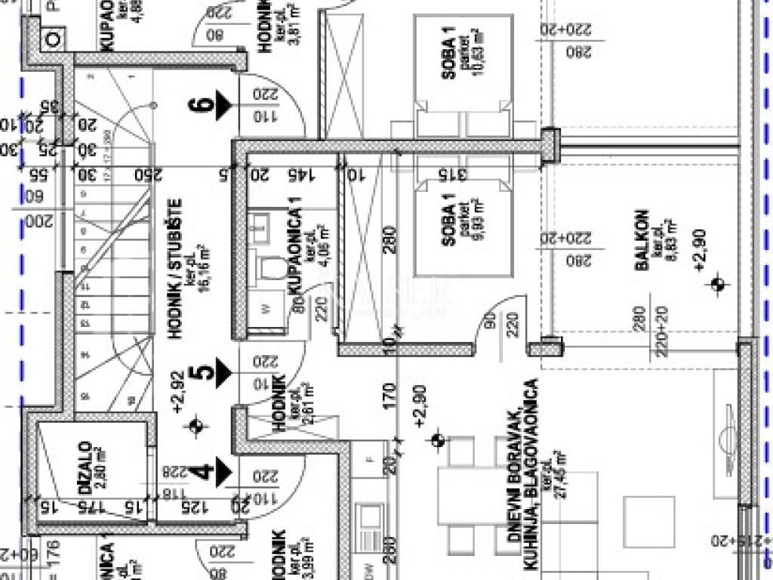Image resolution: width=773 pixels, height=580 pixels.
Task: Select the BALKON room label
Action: click(641, 239)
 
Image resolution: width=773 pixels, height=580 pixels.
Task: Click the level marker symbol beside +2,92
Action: click(199, 427)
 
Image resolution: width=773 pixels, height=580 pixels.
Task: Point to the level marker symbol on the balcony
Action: click(718, 285)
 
